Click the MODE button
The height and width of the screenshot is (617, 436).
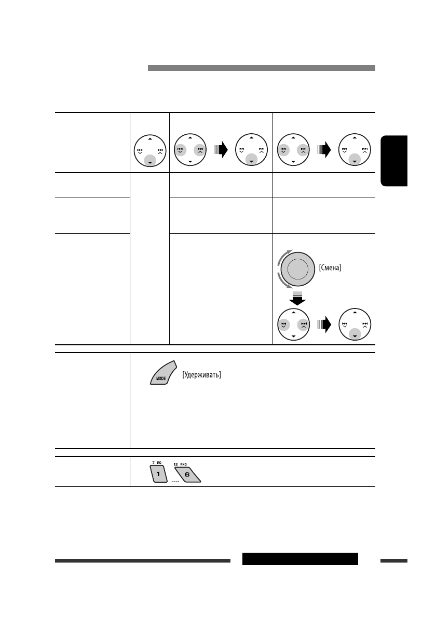(x=162, y=374)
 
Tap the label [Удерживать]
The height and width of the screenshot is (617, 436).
(x=202, y=375)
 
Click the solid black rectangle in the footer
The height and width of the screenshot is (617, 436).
(x=300, y=559)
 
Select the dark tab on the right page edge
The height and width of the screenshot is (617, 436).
(x=394, y=161)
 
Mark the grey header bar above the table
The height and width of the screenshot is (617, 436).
(x=261, y=68)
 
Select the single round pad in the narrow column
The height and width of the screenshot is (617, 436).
(x=149, y=151)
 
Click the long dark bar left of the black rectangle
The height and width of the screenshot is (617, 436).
(x=142, y=560)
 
